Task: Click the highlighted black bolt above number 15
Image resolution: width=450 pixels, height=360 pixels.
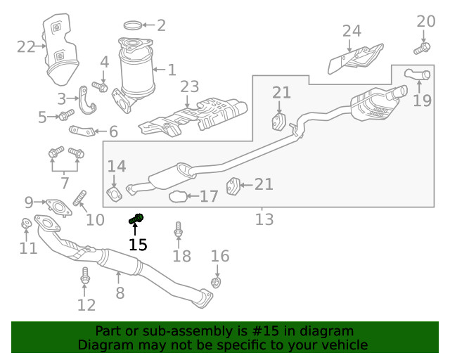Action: (x=136, y=219)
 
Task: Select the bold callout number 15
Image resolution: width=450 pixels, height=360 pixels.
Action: (x=138, y=245)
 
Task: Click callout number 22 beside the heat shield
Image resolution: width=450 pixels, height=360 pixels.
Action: (x=26, y=47)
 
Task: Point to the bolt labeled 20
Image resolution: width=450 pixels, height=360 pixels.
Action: (x=423, y=49)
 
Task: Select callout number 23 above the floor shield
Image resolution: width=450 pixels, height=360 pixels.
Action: (x=190, y=86)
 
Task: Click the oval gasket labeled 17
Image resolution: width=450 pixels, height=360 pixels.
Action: (x=179, y=196)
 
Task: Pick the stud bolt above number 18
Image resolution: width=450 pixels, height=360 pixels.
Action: (x=179, y=229)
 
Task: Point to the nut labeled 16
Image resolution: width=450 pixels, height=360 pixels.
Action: (x=217, y=283)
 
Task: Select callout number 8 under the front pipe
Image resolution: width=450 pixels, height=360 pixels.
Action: (x=120, y=292)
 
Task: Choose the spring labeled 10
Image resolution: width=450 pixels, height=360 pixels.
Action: (x=79, y=199)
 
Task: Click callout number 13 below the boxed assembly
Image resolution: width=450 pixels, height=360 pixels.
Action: (x=264, y=219)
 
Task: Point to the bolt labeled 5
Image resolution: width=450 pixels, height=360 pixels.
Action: (x=65, y=115)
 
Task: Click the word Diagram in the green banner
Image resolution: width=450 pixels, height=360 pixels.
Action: (x=104, y=345)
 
